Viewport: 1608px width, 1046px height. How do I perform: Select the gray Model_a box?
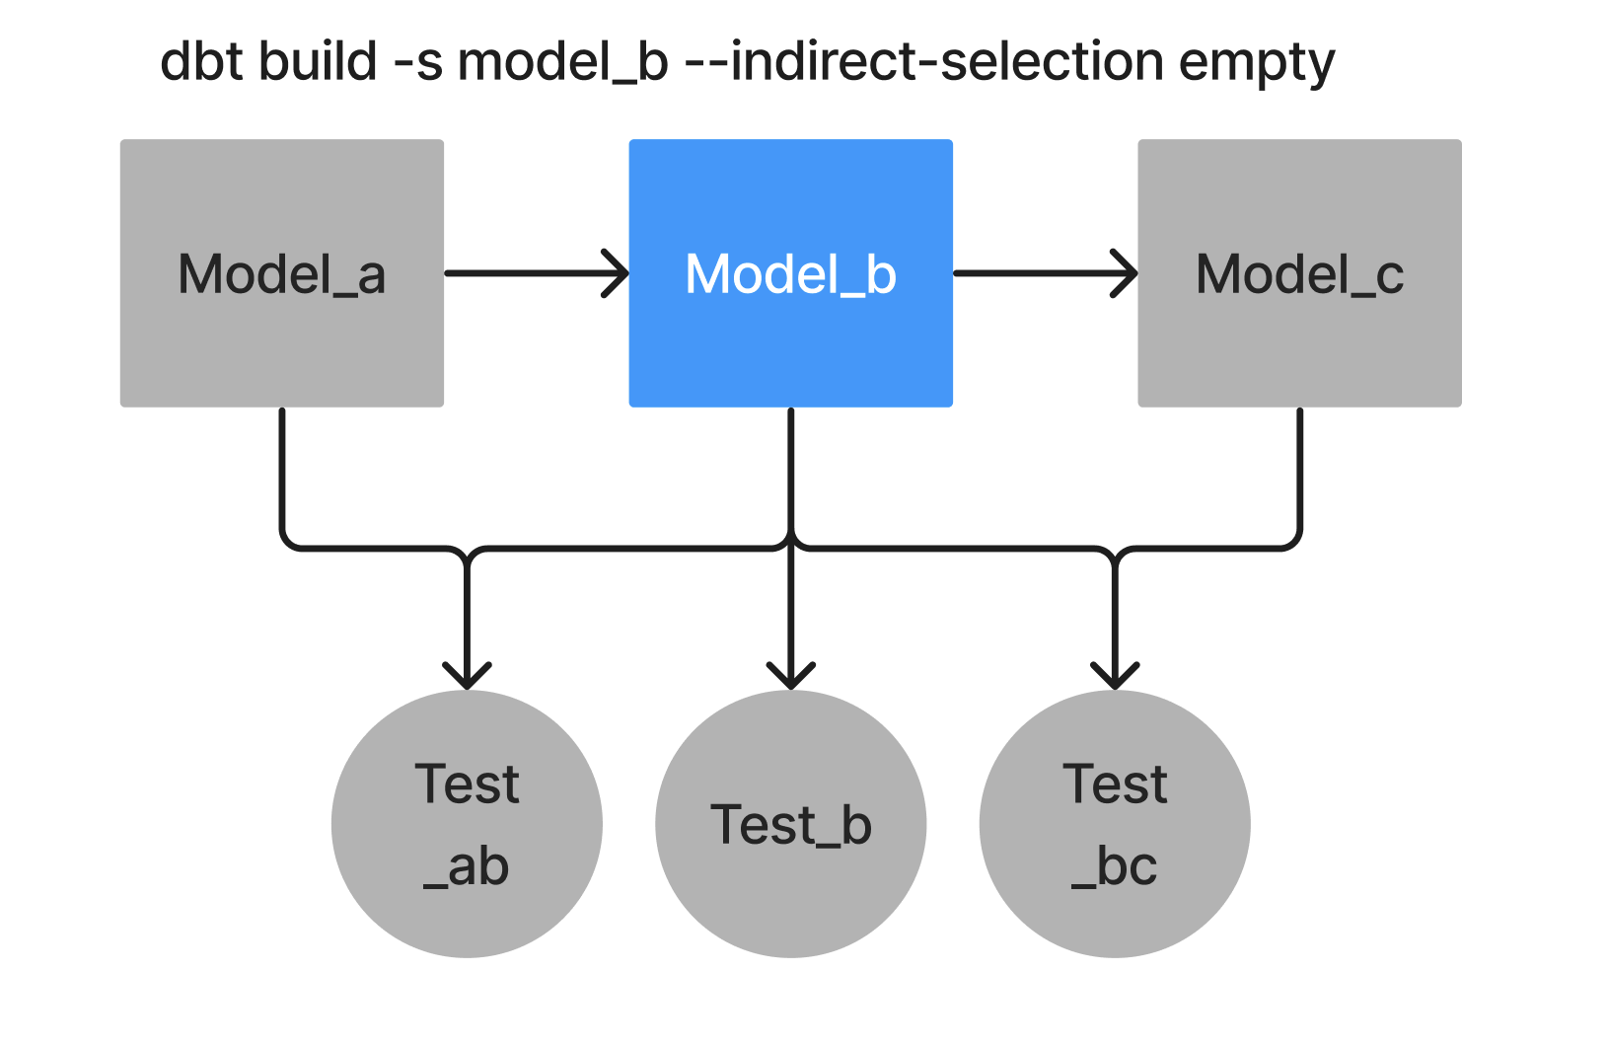tap(281, 345)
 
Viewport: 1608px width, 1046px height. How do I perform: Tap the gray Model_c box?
tap(1299, 345)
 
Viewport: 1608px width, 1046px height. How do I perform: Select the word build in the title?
tap(318, 61)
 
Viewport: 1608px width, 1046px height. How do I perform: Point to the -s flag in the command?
tap(418, 61)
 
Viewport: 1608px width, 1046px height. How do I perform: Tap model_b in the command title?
tap(563, 61)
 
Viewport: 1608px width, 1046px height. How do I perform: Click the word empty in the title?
tap(1257, 63)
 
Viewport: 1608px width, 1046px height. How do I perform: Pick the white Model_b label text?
tap(790, 274)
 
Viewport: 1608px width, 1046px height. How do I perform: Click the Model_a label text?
tap(281, 274)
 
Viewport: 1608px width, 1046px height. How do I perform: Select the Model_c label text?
tap(1299, 274)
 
